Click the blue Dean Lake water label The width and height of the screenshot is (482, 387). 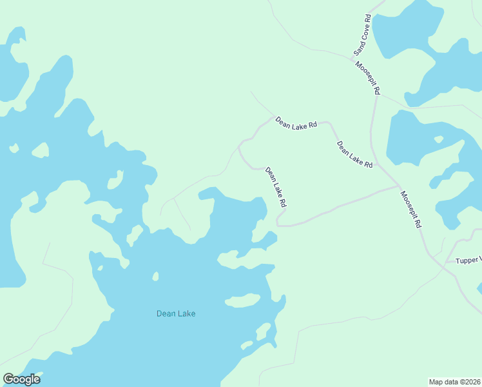pyautogui.click(x=175, y=314)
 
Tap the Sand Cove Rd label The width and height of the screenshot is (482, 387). pyautogui.click(x=360, y=35)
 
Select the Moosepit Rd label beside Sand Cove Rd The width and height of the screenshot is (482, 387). pyautogui.click(x=367, y=78)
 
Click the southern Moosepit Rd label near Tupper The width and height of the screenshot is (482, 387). pyautogui.click(x=410, y=210)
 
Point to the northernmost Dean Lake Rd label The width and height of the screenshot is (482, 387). pyautogui.click(x=296, y=122)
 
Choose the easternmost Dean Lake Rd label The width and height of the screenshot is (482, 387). pyautogui.click(x=354, y=155)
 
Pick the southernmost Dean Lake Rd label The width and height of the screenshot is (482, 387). pyautogui.click(x=275, y=188)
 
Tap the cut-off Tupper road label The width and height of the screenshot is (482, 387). pyautogui.click(x=468, y=261)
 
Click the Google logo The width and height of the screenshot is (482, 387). pyautogui.click(x=21, y=379)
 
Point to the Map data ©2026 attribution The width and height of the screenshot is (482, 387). pyautogui.click(x=454, y=382)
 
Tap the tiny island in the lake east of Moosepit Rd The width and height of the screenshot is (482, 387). pyautogui.click(x=439, y=139)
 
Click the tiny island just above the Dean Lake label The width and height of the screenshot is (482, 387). pyautogui.click(x=155, y=277)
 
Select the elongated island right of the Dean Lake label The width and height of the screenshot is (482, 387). pyautogui.click(x=242, y=300)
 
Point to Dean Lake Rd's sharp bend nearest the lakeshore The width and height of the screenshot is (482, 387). pyautogui.click(x=278, y=223)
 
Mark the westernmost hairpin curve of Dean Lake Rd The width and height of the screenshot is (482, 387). pyautogui.click(x=239, y=147)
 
